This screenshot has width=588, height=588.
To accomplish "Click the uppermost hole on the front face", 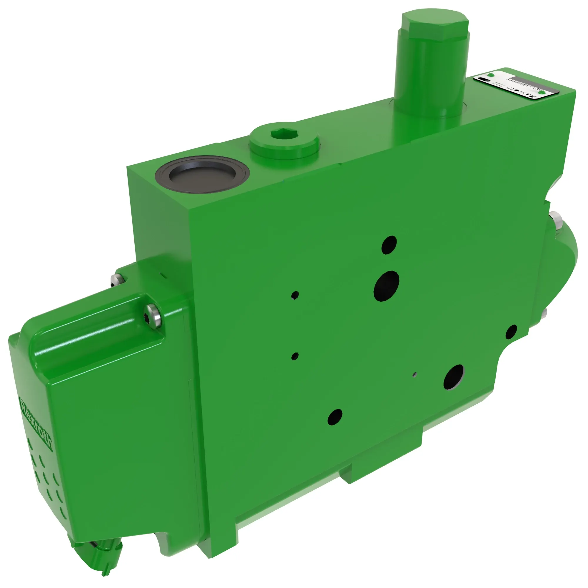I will tap(389, 244).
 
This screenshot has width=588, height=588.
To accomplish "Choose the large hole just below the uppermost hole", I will tap(386, 286).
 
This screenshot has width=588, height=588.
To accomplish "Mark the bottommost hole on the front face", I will tap(335, 417).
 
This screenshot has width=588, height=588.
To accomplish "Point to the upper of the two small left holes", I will tap(295, 295).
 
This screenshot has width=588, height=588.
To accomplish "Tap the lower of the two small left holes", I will tap(295, 356).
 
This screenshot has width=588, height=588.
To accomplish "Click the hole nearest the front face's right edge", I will tap(511, 332).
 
